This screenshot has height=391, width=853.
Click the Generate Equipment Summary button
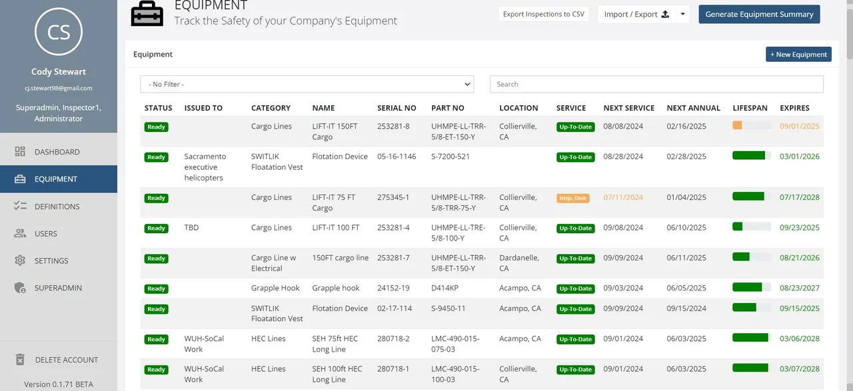(x=759, y=14)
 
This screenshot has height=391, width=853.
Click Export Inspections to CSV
(x=544, y=14)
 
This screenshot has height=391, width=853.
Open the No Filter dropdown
(x=307, y=84)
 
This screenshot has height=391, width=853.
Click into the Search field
(x=656, y=84)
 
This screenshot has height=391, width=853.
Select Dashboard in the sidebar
(x=57, y=152)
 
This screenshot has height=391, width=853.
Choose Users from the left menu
(x=45, y=234)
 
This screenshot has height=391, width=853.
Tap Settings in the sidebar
(x=51, y=261)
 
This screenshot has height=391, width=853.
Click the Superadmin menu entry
(x=58, y=288)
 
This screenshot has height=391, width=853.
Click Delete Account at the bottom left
(x=66, y=360)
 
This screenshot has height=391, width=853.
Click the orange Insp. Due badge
(x=572, y=198)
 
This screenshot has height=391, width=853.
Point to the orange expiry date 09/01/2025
(x=800, y=126)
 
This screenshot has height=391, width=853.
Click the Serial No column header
(x=397, y=108)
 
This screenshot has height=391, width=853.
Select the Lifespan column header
(x=750, y=108)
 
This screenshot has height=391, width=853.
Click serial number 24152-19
(x=393, y=288)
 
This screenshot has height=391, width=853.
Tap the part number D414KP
(x=444, y=288)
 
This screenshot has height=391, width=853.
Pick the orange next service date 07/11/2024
(x=623, y=197)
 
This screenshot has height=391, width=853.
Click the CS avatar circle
(x=59, y=31)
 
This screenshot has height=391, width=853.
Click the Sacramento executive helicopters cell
(x=205, y=167)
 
